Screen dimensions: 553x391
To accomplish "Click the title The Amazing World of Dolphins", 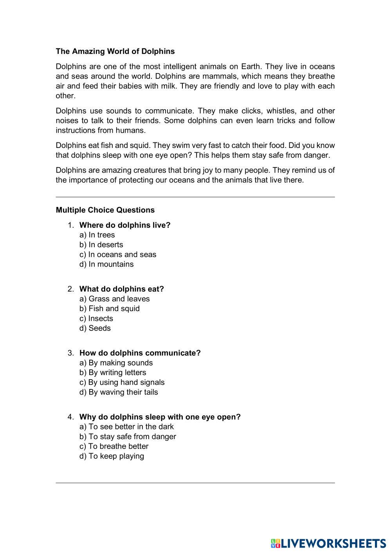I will coord(115,51).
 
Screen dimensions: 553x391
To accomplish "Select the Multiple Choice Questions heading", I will coord(105,210).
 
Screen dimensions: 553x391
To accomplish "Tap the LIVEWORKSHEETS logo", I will coord(328,543).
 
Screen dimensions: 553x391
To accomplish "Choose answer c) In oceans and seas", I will coord(117,254).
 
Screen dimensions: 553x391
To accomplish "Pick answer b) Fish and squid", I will coord(109,308).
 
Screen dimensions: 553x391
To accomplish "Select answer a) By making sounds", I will coord(116,363).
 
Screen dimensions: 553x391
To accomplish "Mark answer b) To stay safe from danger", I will coord(128,436).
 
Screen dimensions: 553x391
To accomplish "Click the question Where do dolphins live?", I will coord(125,225).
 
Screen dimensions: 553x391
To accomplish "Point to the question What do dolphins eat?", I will coord(121,289).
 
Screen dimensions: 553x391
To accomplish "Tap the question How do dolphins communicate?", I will coord(140,353).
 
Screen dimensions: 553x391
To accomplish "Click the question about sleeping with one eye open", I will coord(160,417).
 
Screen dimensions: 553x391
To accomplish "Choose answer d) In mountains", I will coord(106,264).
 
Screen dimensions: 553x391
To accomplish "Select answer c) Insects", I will coord(96,319).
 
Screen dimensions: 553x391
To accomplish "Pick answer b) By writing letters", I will coord(112,373).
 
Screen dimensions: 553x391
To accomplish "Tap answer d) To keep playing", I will coord(112,456).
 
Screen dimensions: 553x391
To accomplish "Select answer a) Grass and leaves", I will coord(114,299).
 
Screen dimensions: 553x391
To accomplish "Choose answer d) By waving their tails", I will coord(119,392).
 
